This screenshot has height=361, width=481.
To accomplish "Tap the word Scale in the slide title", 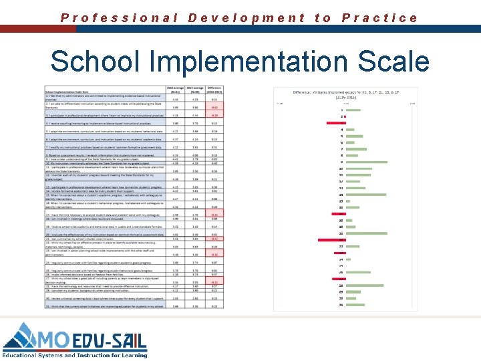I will [393, 62].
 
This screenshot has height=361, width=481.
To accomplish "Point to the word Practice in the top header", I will [380, 18].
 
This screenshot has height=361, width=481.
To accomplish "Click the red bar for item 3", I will [336, 124].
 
